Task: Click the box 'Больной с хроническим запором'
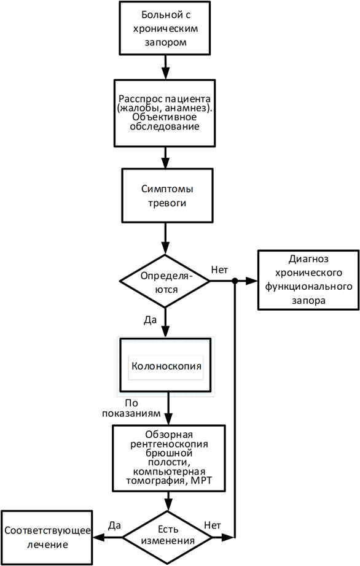click(x=165, y=28)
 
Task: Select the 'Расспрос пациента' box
click(x=165, y=113)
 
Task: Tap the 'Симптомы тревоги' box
click(x=167, y=195)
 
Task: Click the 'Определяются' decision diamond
click(x=165, y=281)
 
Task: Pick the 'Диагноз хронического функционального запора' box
click(x=308, y=280)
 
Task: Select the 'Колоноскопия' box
click(x=165, y=365)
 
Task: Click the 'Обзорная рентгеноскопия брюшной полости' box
click(x=168, y=458)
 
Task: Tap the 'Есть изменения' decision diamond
click(x=168, y=538)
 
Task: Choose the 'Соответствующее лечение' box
click(x=47, y=538)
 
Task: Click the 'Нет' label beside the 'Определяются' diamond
click(x=219, y=269)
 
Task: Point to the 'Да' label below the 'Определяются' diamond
click(x=151, y=320)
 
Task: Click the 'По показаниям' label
click(x=131, y=408)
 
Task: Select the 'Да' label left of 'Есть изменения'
click(x=114, y=525)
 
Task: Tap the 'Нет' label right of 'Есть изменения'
click(x=213, y=525)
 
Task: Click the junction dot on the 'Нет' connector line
click(x=235, y=281)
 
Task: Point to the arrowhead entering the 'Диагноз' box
click(x=252, y=281)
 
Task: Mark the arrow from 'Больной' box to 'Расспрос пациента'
click(x=165, y=67)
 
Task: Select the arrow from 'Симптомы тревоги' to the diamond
click(x=165, y=239)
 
